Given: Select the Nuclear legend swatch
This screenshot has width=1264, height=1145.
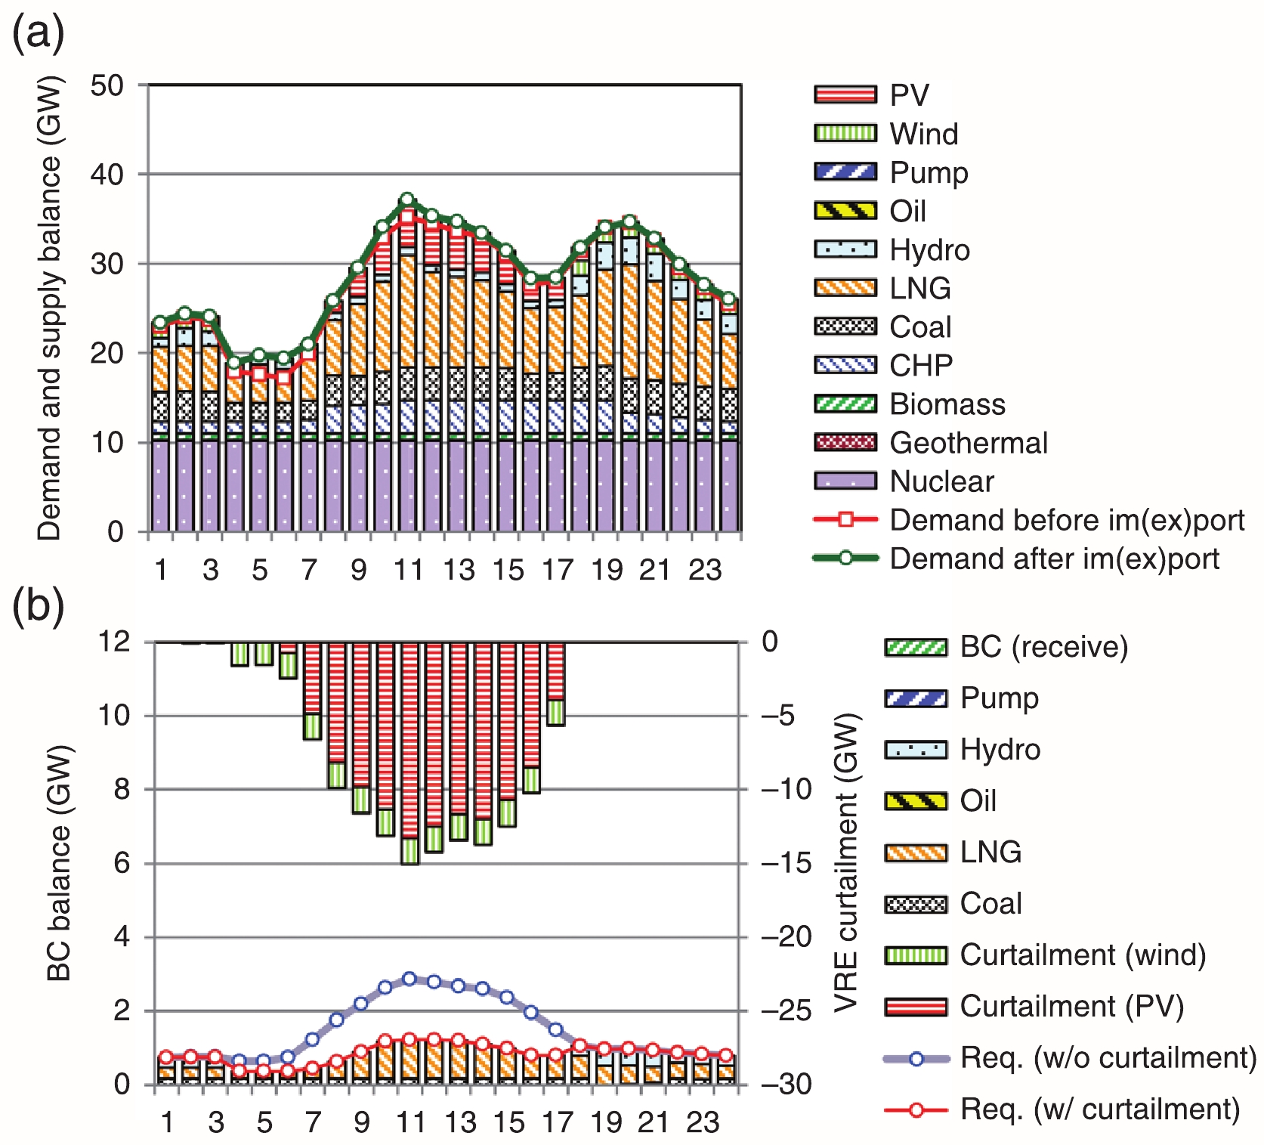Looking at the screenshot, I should [845, 481].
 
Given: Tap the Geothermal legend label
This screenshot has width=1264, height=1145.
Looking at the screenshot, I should [969, 443].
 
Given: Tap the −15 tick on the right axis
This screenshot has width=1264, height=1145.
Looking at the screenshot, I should [786, 863].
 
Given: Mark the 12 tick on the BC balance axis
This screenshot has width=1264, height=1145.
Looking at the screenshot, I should [114, 642].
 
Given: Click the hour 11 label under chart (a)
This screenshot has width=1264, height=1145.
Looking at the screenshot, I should [409, 570].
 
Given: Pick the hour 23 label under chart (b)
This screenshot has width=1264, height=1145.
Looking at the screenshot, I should [702, 1123].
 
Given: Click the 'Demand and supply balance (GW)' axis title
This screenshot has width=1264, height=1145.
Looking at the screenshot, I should [50, 308].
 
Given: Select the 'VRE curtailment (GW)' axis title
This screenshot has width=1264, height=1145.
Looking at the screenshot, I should [847, 862].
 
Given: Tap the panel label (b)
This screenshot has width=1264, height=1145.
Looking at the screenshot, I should [38, 606].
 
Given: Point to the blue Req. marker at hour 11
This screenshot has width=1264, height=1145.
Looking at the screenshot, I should [409, 979].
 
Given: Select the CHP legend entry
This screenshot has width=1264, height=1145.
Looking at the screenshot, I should [921, 366].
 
